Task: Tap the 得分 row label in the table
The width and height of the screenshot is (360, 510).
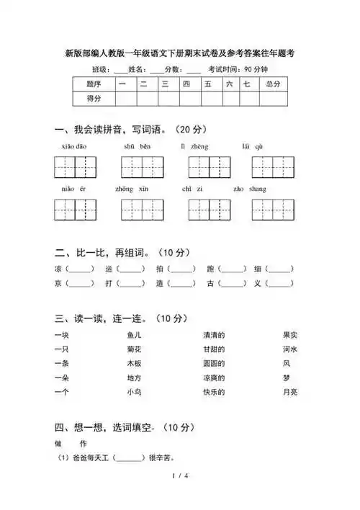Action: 94,99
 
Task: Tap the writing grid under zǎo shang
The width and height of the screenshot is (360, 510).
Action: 273,210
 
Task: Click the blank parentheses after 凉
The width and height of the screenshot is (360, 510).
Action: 80,269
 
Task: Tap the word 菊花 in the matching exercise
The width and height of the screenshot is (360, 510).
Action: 135,349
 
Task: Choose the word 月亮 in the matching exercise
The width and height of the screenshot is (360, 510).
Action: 290,392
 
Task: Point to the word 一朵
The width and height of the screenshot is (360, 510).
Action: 62,377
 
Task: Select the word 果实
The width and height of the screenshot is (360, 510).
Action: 290,335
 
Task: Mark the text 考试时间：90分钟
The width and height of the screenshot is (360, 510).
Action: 238,69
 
